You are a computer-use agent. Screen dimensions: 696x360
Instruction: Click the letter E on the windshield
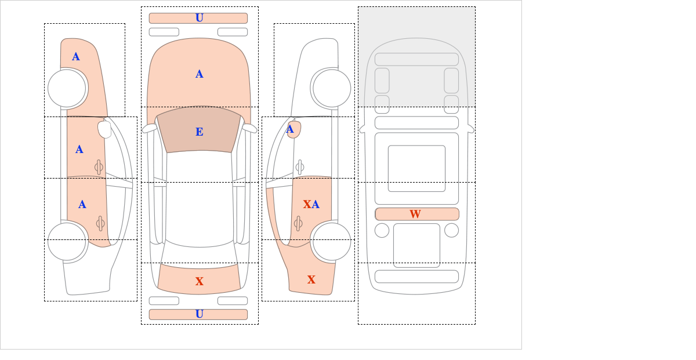[x=200, y=132]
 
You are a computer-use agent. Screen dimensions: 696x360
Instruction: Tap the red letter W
[x=415, y=214]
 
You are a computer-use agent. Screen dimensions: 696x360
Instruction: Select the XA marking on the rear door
[x=311, y=204]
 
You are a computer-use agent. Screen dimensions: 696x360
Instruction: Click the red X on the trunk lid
[x=200, y=281]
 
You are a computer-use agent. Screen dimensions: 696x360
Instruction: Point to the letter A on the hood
[x=200, y=74]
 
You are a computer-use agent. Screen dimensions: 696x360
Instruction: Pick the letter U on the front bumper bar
[x=200, y=18]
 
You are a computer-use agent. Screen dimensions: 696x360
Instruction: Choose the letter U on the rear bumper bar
[x=200, y=314]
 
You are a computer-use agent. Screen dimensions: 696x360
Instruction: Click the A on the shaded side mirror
[x=290, y=129]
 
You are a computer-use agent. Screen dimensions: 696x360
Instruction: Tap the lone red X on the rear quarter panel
[x=311, y=279]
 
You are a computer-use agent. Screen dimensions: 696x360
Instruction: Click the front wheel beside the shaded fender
[x=67, y=88]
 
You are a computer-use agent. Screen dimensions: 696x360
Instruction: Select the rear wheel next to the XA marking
[x=332, y=241]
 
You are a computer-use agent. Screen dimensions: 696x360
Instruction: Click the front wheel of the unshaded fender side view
[x=332, y=88]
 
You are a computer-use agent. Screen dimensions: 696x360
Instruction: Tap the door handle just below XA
[x=298, y=223]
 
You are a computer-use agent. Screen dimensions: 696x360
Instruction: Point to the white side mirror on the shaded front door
[x=104, y=129]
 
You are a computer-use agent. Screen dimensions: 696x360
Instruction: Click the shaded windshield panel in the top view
[x=199, y=129]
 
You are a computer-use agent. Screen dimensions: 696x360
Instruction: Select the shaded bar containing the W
[x=417, y=214]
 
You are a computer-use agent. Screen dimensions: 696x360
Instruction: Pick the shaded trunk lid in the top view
[x=199, y=279]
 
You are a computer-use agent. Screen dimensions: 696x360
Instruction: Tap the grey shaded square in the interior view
[x=416, y=57]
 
